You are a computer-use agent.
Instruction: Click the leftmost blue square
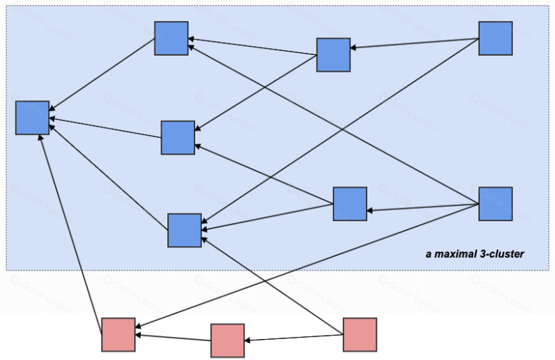pyautogui.click(x=33, y=117)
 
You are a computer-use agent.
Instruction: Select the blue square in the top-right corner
pyautogui.click(x=495, y=38)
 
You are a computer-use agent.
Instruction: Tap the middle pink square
pyautogui.click(x=227, y=340)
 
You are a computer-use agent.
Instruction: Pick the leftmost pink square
pyautogui.click(x=119, y=334)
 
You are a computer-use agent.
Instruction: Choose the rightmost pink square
pyautogui.click(x=359, y=334)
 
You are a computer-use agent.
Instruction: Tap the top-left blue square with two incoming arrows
pyautogui.click(x=171, y=38)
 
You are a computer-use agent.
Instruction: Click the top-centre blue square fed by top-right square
pyautogui.click(x=333, y=55)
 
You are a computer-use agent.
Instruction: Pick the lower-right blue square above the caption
pyautogui.click(x=495, y=203)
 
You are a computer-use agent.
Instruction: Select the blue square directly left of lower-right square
pyautogui.click(x=350, y=204)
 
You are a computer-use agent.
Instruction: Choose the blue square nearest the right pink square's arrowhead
pyautogui.click(x=184, y=230)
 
